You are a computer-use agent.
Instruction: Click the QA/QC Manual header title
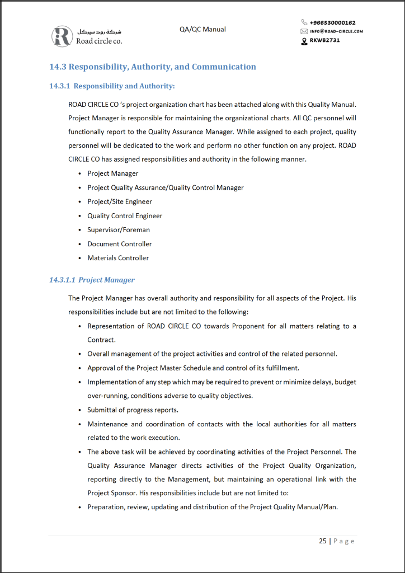pos(202,29)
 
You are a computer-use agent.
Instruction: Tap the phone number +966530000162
pos(332,22)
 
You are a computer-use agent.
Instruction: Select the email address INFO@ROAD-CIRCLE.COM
pos(336,31)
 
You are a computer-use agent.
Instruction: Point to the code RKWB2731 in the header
pos(324,40)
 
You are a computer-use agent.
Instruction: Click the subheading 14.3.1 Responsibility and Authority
pos(112,86)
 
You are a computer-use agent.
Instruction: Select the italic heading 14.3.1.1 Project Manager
pos(92,280)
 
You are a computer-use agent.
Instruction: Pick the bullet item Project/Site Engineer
pos(120,201)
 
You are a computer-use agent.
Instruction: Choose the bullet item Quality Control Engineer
pos(125,216)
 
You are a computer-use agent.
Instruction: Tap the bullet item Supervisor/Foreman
pos(119,230)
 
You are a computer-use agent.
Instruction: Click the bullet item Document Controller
pos(120,244)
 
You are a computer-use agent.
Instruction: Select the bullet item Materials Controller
pos(118,258)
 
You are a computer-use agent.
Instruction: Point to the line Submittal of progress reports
pos(133,410)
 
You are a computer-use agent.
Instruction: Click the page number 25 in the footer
pos(323,541)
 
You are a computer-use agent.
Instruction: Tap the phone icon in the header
pos(304,22)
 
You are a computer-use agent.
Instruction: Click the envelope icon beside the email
pos(304,31)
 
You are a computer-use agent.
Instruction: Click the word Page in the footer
pos(344,541)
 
